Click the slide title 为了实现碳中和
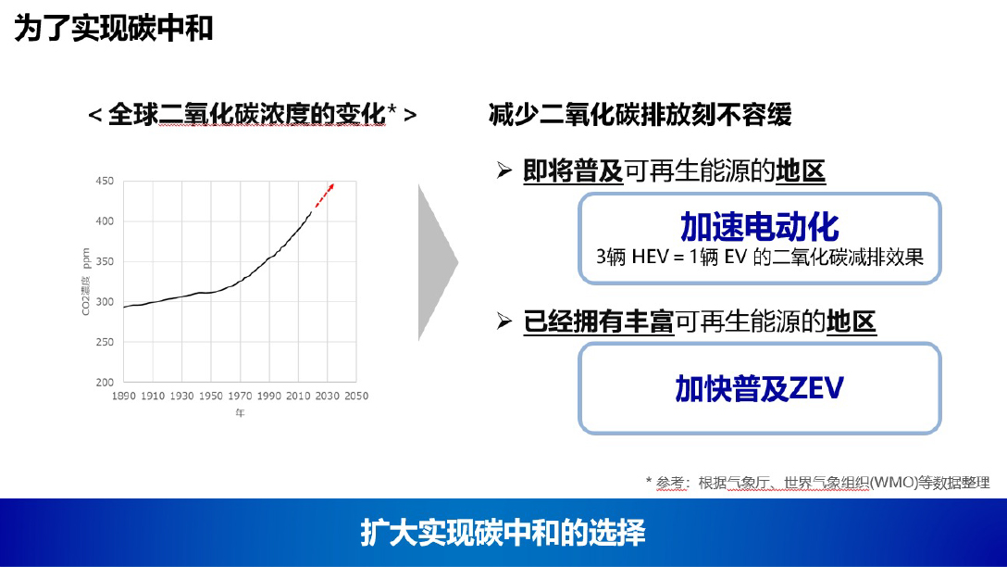click(114, 29)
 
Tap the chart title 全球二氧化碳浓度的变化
click(246, 115)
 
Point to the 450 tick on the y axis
click(105, 182)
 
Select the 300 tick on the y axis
click(105, 301)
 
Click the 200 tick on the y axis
click(105, 382)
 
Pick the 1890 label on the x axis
click(123, 396)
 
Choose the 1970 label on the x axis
click(240, 396)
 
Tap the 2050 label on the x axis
click(356, 396)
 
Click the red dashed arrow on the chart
click(324, 195)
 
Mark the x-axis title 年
click(241, 413)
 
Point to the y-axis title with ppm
click(86, 282)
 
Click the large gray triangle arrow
click(438, 262)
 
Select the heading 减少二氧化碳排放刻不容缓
click(640, 115)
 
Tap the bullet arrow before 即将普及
click(504, 170)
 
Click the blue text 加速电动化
click(760, 226)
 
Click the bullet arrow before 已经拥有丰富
click(504, 321)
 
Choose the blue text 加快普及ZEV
click(759, 388)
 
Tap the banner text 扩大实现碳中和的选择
click(503, 533)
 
